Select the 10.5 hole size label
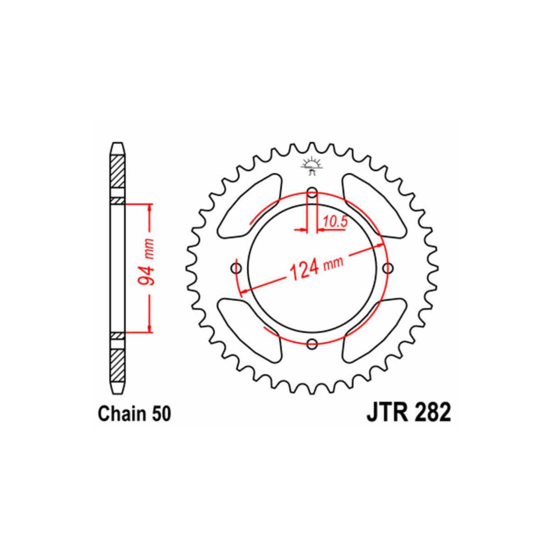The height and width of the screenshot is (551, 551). (x=335, y=222)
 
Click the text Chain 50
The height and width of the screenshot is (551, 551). (x=135, y=414)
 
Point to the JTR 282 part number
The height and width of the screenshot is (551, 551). (x=409, y=413)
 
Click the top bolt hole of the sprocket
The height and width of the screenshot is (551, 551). (x=312, y=193)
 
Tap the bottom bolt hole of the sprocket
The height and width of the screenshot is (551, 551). (x=312, y=344)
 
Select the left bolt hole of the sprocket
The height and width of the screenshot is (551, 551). (x=236, y=268)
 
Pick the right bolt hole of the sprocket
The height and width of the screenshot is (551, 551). (x=388, y=268)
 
